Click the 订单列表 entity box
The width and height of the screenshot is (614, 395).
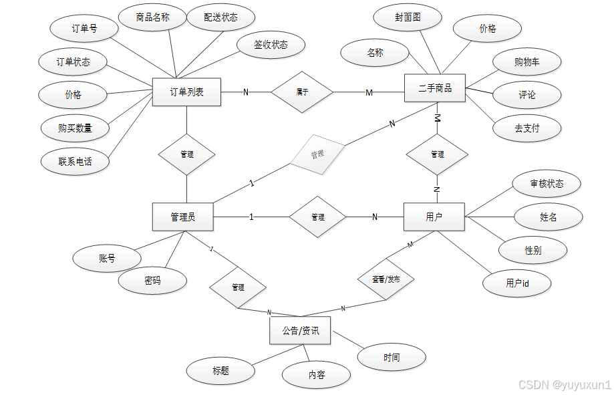(186, 92)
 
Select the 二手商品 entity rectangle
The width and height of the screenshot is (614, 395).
(435, 88)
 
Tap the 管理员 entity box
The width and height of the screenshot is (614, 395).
(182, 217)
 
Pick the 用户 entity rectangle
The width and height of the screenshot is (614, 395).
(434, 217)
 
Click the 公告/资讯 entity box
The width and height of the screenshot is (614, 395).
(300, 330)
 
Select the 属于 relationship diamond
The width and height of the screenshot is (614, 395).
(302, 92)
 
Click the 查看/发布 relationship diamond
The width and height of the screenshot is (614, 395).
(386, 279)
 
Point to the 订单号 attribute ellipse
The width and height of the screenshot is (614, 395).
(85, 29)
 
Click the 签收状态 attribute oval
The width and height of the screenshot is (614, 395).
(271, 45)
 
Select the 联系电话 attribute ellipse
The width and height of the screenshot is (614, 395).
(75, 161)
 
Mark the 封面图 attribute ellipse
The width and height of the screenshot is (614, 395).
(408, 18)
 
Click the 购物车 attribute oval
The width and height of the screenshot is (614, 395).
(526, 62)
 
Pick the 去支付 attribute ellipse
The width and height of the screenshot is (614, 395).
(526, 128)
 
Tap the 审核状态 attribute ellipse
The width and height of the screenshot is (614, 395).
(547, 184)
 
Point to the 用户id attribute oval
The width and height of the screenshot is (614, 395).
(517, 283)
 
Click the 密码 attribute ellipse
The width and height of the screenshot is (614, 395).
(152, 281)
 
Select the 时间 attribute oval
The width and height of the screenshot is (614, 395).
(392, 358)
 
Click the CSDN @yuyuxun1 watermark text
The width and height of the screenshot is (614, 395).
(565, 384)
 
